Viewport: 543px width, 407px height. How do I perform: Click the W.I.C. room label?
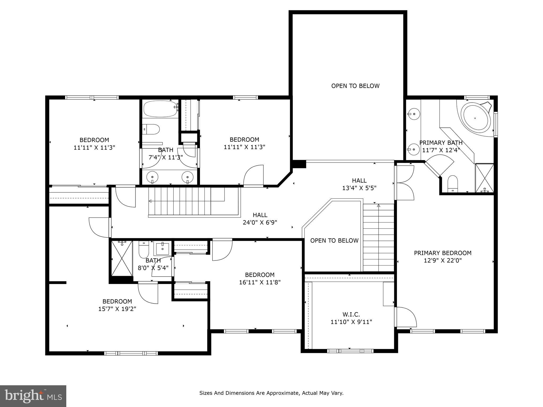pyautogui.click(x=351, y=315)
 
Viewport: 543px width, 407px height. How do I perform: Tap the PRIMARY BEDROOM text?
pyautogui.click(x=443, y=253)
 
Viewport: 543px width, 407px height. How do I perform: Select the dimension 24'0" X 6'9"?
pyautogui.click(x=260, y=223)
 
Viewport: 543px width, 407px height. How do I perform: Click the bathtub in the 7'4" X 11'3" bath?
pyautogui.click(x=160, y=109)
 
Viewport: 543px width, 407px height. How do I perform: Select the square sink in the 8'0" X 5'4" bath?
pyautogui.click(x=162, y=248)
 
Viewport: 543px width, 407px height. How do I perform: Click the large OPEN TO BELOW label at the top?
pyautogui.click(x=355, y=86)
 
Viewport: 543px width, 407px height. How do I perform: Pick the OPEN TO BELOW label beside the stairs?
pyautogui.click(x=334, y=241)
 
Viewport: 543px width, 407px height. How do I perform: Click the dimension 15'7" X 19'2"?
pyautogui.click(x=117, y=309)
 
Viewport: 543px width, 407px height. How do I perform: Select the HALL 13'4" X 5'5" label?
pyautogui.click(x=359, y=184)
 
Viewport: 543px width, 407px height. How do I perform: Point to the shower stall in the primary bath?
pyautogui.click(x=484, y=178)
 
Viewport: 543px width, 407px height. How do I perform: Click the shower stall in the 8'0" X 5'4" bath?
pyautogui.click(x=121, y=258)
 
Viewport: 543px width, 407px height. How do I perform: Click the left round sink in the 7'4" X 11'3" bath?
pyautogui.click(x=152, y=176)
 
